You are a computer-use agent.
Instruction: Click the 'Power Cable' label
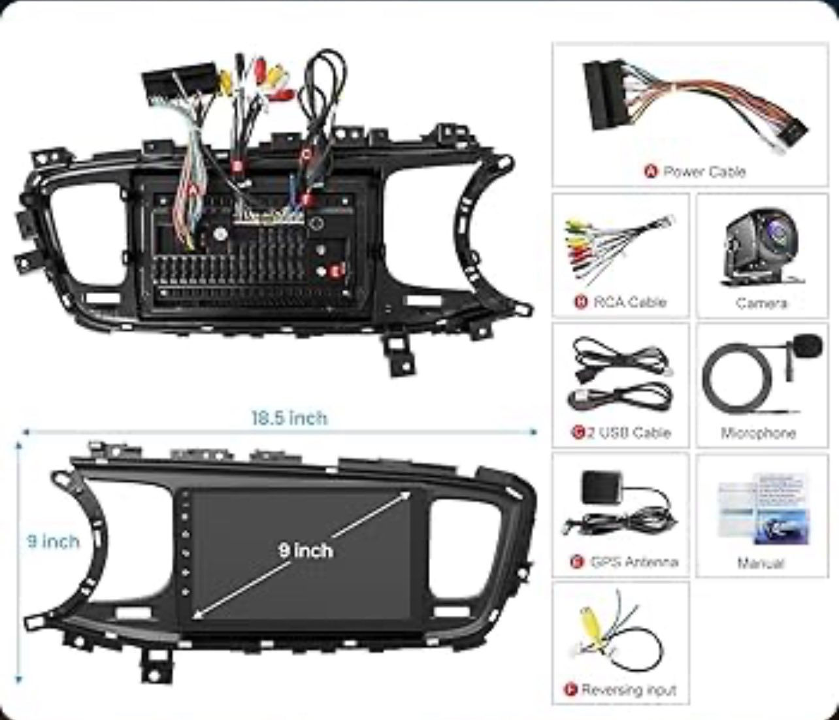(704, 172)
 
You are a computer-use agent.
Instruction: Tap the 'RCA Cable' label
(629, 302)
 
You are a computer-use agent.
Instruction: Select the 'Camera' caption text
(761, 303)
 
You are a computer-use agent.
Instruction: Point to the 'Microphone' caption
(758, 433)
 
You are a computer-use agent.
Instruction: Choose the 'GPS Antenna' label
(633, 562)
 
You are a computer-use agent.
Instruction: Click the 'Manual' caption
(760, 563)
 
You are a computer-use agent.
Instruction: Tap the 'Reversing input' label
(628, 690)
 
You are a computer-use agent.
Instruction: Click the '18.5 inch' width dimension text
(289, 417)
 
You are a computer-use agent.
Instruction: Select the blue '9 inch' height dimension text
(53, 542)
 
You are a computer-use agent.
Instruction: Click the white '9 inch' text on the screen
(305, 550)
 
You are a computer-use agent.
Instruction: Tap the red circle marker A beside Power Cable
(650, 172)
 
